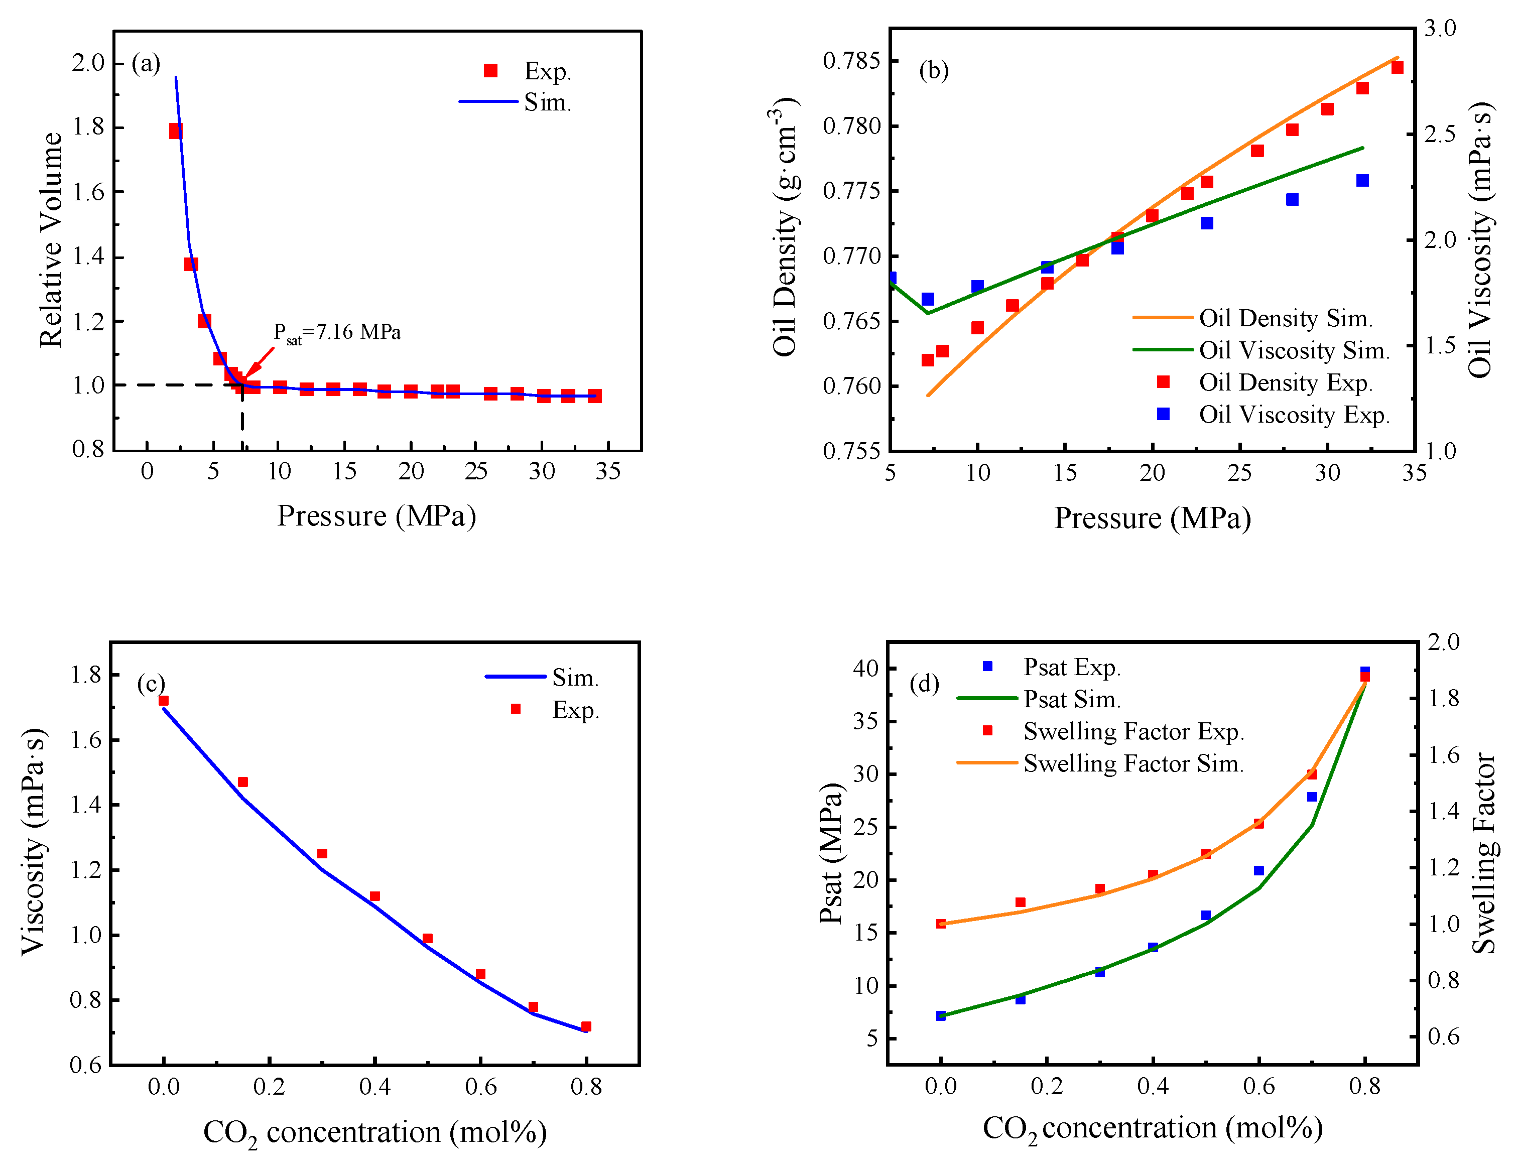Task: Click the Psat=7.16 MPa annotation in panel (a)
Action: tap(337, 333)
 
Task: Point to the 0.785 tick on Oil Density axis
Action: tap(851, 61)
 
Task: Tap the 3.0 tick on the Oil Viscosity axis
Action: tap(1441, 29)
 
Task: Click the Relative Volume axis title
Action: tap(51, 240)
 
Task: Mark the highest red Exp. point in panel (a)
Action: tap(175, 131)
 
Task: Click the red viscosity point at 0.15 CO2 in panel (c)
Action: tap(242, 782)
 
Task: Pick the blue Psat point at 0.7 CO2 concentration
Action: tap(1312, 797)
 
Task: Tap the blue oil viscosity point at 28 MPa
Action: tap(1292, 200)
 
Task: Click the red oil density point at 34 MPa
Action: tap(1398, 67)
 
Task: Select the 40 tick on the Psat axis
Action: tap(866, 668)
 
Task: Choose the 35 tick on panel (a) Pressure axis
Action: tap(608, 472)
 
